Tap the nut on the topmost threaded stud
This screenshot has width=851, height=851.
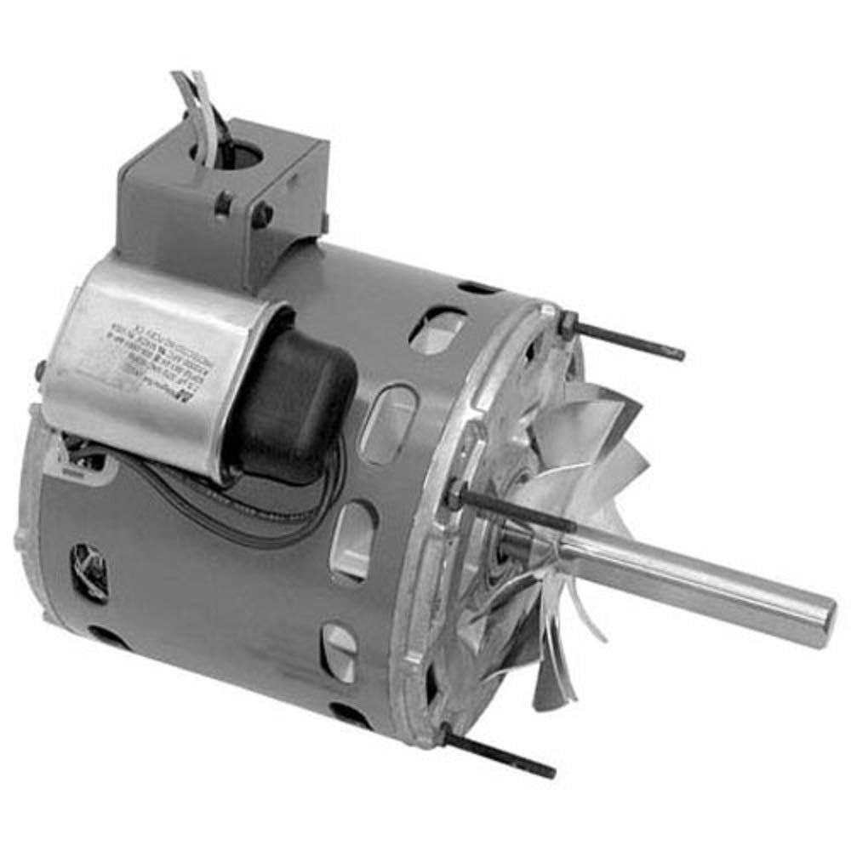coord(568,323)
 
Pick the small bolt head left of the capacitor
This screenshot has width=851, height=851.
coord(41,371)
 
